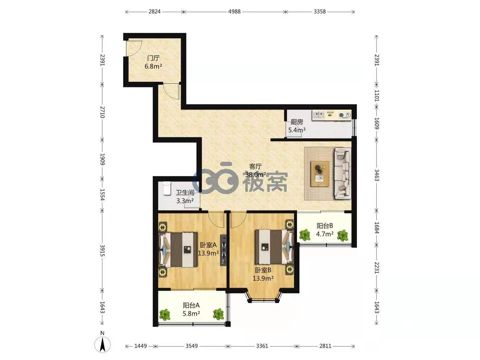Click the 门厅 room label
click(x=153, y=58)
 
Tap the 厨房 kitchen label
click(x=297, y=122)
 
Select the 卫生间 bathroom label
click(x=185, y=193)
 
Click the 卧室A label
click(x=208, y=245)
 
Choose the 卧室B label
click(x=263, y=270)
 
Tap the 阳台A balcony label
click(x=191, y=305)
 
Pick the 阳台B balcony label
click(x=325, y=226)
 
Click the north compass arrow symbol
click(x=102, y=345)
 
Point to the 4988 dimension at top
click(x=234, y=12)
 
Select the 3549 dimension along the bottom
click(x=192, y=346)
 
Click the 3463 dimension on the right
click(x=377, y=175)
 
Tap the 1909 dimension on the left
click(x=102, y=159)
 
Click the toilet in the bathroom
click(x=167, y=188)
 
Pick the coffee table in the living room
click(x=320, y=174)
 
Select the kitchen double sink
click(x=318, y=115)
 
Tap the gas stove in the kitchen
click(x=345, y=115)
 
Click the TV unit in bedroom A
click(x=223, y=250)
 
